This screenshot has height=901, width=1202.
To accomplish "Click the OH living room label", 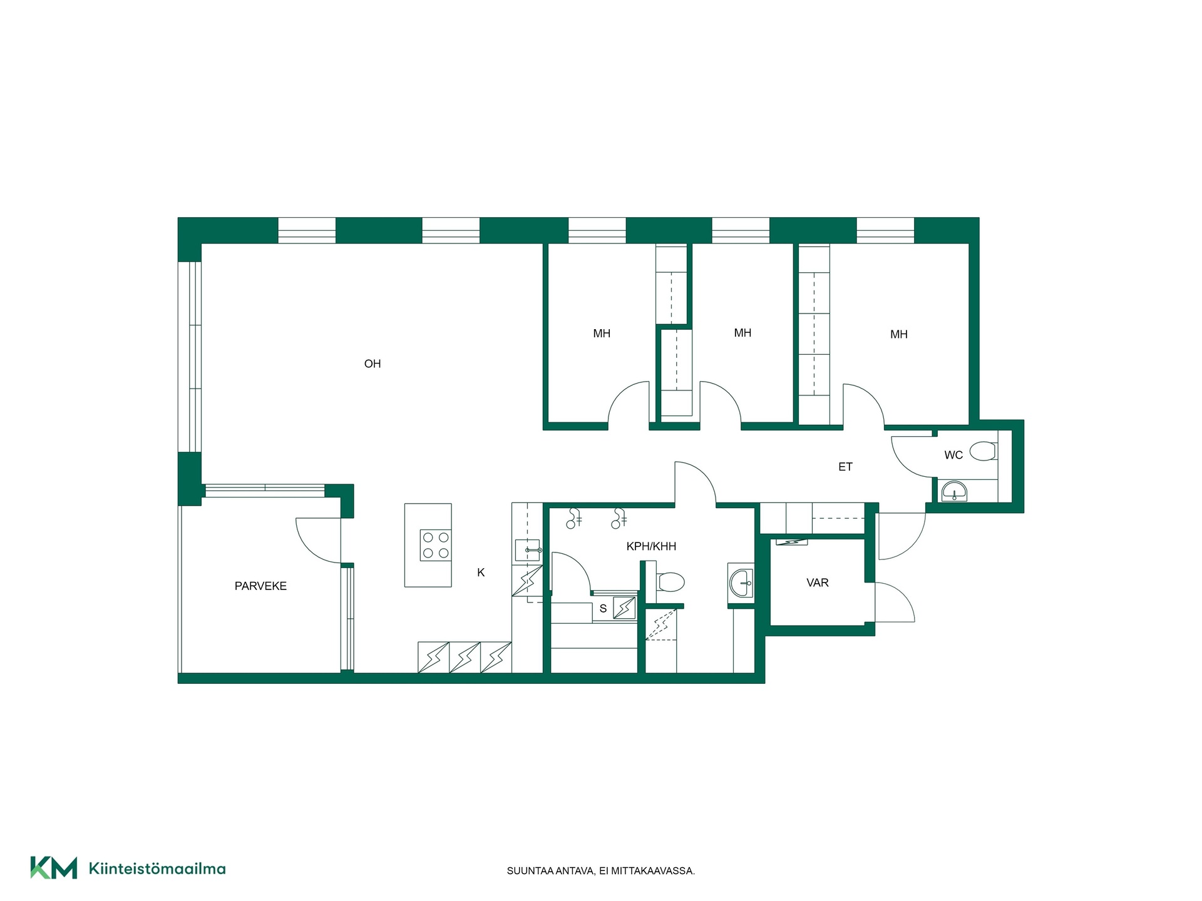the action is [x=372, y=364].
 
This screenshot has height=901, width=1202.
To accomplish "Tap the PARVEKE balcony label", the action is [x=260, y=586].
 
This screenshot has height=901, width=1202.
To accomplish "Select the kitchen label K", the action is [x=481, y=573].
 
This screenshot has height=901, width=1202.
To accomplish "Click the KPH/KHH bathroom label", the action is [x=651, y=547].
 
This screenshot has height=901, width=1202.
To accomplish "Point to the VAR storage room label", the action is [x=818, y=583].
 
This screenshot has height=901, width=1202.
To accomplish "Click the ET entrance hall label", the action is [x=845, y=467].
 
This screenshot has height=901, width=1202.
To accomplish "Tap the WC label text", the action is [x=953, y=456].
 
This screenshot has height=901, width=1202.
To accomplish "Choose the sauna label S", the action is [x=603, y=609].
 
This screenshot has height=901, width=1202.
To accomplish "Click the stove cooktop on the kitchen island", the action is [x=436, y=545].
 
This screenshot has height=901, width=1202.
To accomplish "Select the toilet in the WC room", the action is [x=982, y=451].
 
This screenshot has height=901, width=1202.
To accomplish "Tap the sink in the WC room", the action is [x=954, y=491].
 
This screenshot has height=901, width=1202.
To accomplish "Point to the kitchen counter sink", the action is [x=527, y=551].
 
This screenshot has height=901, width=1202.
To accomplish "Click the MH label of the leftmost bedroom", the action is [x=602, y=334].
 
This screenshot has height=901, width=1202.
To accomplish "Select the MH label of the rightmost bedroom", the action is [x=899, y=335].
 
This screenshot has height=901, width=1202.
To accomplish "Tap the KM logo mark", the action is [x=54, y=868].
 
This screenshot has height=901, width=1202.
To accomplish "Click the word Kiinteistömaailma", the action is [x=157, y=868].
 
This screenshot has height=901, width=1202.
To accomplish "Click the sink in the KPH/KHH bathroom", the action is [x=742, y=583].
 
